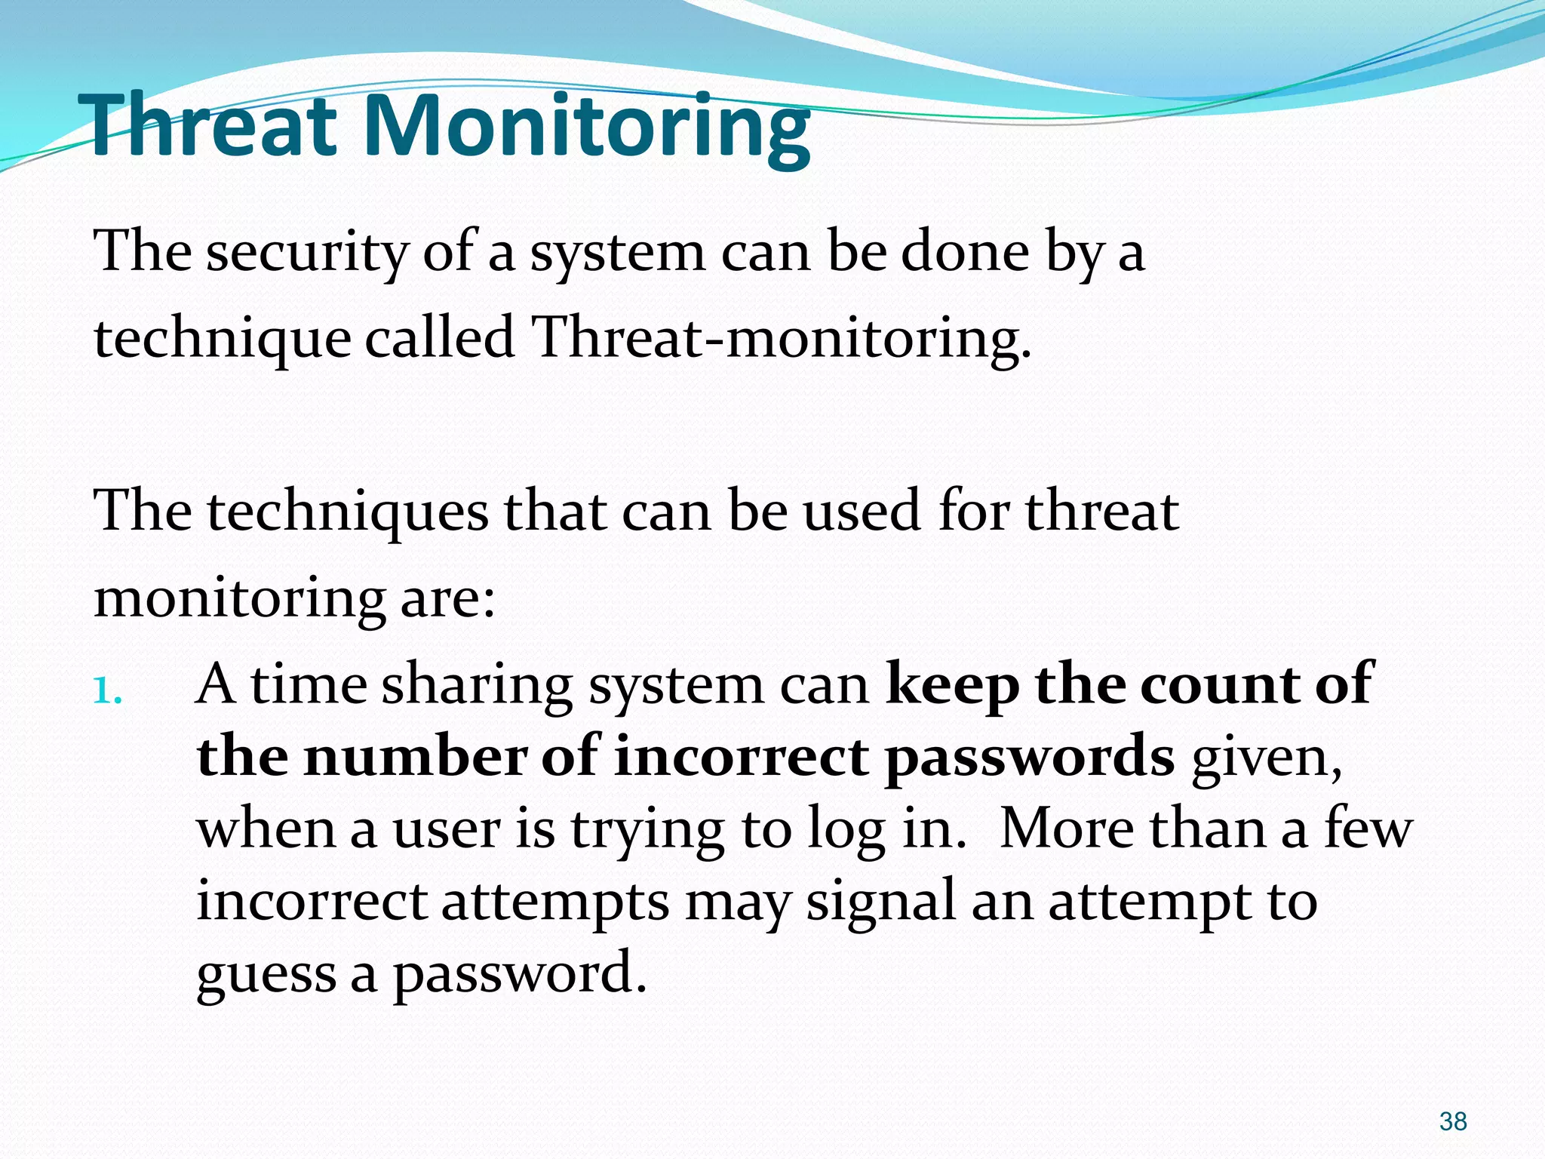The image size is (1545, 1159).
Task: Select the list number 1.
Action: click(107, 690)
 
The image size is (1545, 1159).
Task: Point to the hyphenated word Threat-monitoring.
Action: click(781, 338)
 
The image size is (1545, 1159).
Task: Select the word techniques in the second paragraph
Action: click(348, 512)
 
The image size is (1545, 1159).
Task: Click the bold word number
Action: click(415, 757)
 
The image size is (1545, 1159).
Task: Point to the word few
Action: click(1368, 829)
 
